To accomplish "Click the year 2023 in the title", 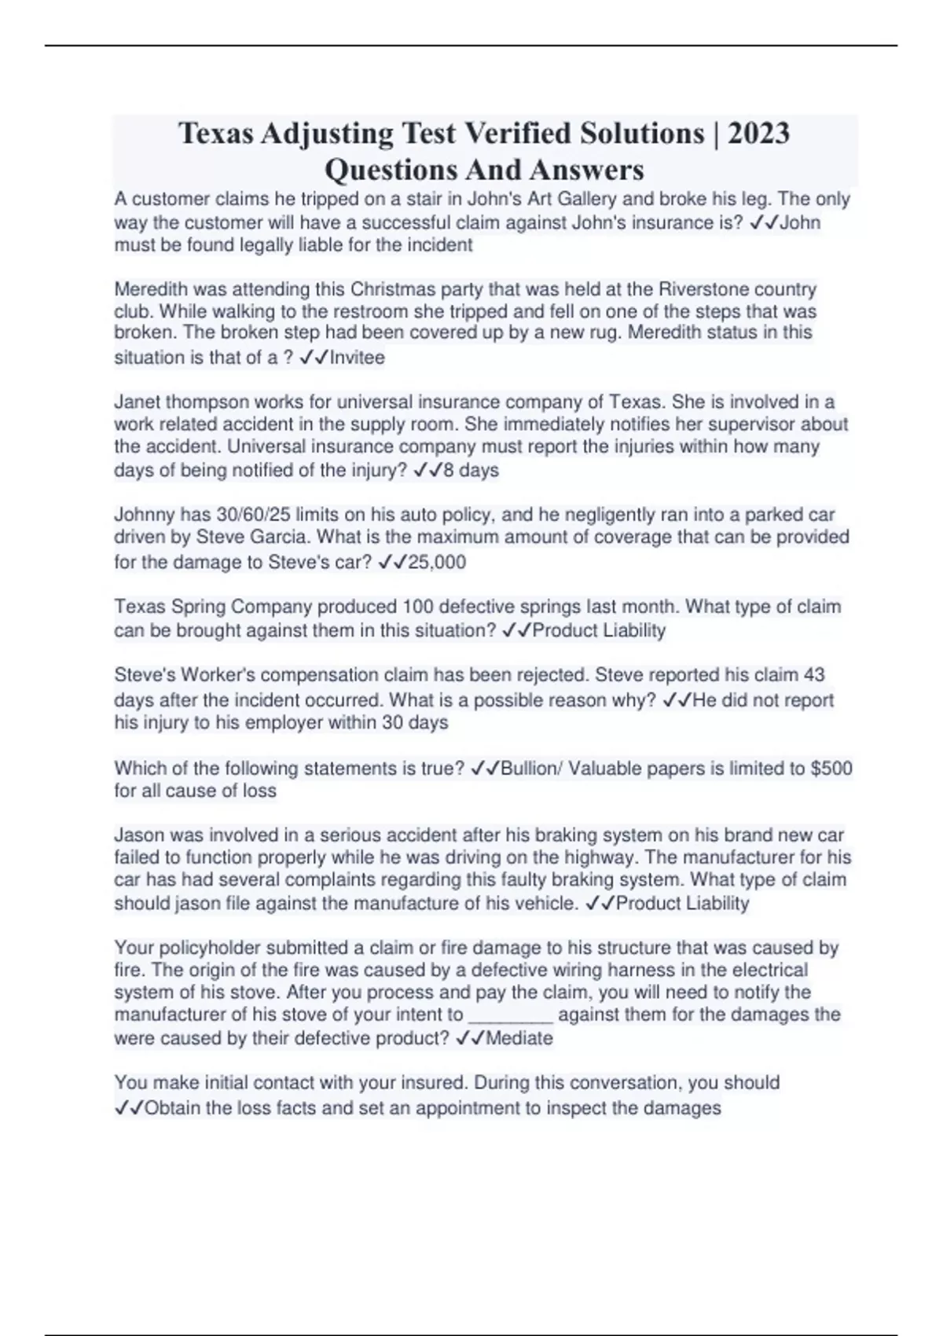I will (x=758, y=134).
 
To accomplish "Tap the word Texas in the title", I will (x=216, y=134).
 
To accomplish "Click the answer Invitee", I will (x=358, y=358).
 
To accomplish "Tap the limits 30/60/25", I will (x=257, y=515).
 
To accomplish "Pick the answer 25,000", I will (x=437, y=562).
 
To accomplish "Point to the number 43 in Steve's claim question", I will (x=815, y=675).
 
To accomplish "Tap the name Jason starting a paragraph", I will (x=138, y=835).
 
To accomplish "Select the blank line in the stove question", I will (x=511, y=1015).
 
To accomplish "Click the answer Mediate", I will (x=519, y=1038).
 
